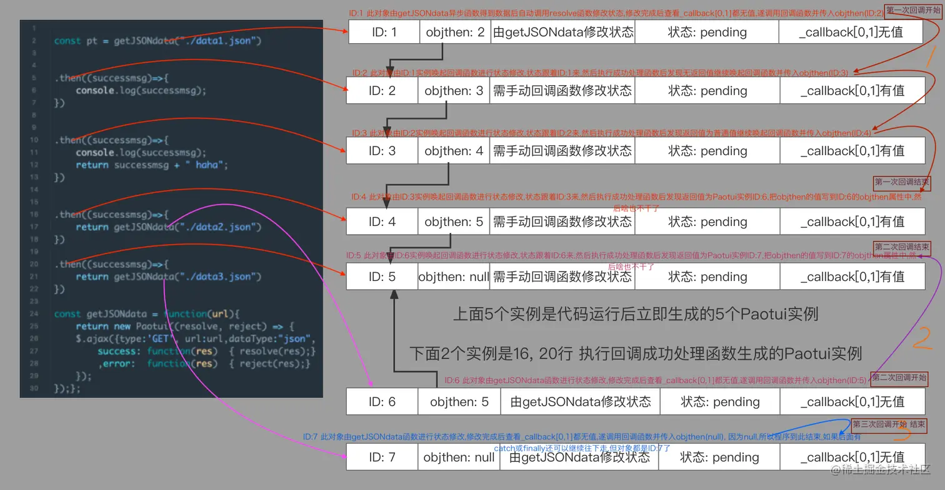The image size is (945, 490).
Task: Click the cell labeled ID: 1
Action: coord(384,32)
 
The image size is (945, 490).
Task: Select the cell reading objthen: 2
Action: coord(454,32)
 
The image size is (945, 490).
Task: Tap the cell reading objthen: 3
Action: coord(454,91)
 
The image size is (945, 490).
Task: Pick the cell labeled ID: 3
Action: coord(382,151)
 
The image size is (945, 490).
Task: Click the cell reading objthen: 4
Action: coord(454,151)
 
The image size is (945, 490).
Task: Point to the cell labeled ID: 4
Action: coord(382,222)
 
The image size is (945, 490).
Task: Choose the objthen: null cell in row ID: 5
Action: coord(454,277)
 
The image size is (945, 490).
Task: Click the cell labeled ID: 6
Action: coord(382,402)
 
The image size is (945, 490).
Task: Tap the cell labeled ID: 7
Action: coord(382,457)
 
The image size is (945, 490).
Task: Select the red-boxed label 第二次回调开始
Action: coord(899,378)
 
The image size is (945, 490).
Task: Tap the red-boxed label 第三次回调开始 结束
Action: coord(888,425)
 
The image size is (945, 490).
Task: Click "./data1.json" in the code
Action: coord(218,41)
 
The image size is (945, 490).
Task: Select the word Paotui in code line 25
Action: coord(149,326)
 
